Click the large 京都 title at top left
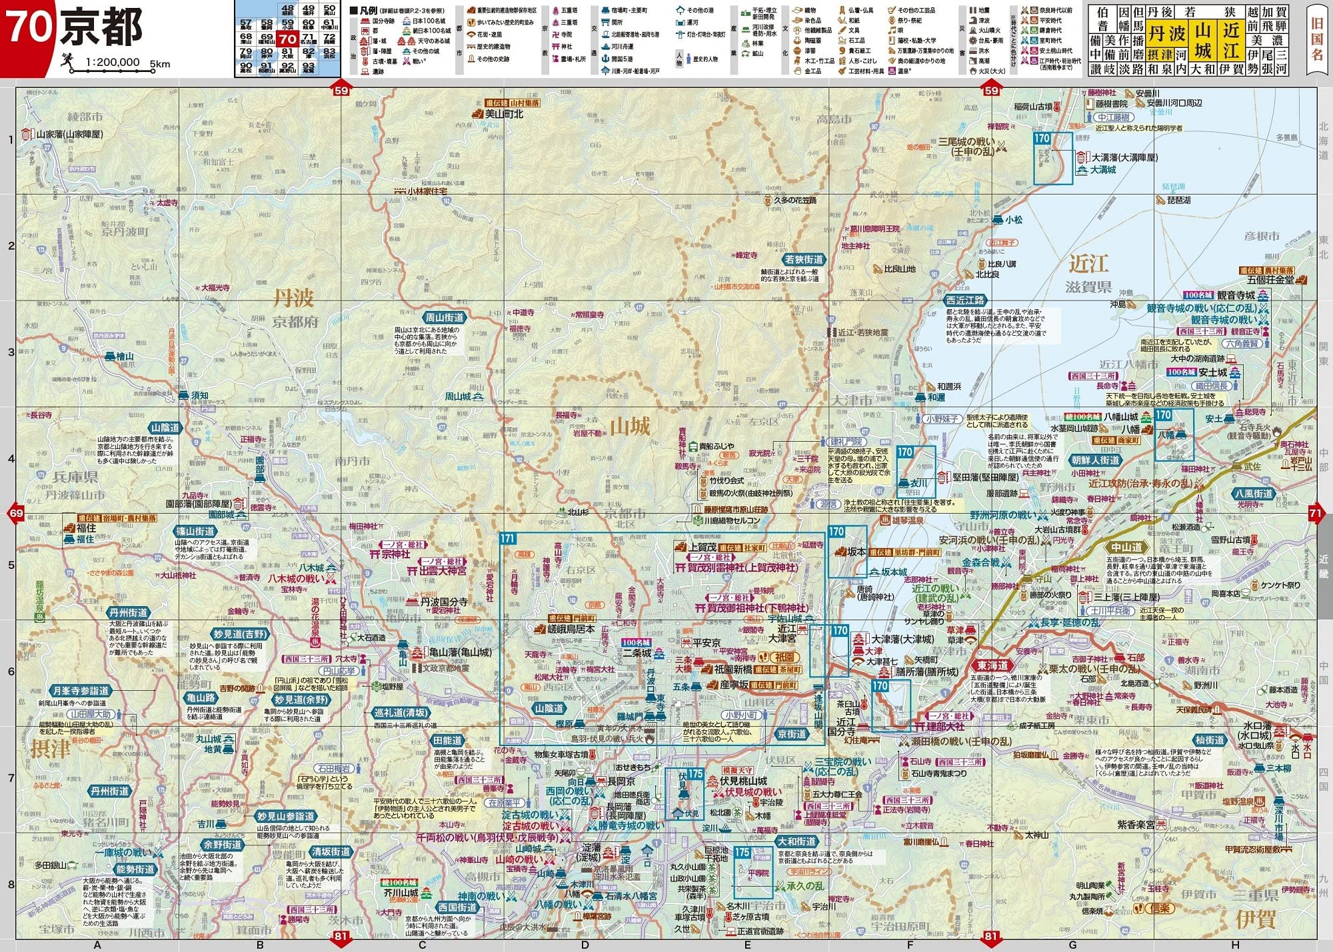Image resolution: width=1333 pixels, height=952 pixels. click(x=101, y=28)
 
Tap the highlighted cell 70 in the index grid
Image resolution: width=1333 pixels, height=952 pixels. click(x=287, y=39)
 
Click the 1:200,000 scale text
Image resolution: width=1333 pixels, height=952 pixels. click(x=113, y=63)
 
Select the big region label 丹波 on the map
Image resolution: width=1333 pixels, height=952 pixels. click(x=293, y=297)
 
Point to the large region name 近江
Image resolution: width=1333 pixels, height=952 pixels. click(x=1088, y=264)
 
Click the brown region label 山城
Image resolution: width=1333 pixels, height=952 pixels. click(x=630, y=426)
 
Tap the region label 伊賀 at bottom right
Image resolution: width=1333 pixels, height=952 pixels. click(x=1256, y=919)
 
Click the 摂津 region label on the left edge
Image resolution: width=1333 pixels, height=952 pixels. click(x=50, y=748)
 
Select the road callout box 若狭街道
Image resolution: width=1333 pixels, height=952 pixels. click(x=804, y=260)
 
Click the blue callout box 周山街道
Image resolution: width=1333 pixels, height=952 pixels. click(x=445, y=318)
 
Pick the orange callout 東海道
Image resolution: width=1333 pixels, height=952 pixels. click(x=992, y=666)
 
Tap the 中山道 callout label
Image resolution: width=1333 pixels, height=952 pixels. click(x=1126, y=548)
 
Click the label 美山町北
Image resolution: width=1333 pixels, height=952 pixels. click(x=504, y=114)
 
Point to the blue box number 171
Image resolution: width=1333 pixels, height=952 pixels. click(x=508, y=538)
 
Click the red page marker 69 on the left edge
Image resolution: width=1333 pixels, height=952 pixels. click(x=16, y=513)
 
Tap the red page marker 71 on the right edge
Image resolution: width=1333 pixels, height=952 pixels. click(x=1315, y=513)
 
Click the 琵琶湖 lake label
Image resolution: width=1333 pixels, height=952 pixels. click(x=1178, y=200)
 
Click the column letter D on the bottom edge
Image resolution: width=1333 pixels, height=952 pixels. click(x=585, y=945)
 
